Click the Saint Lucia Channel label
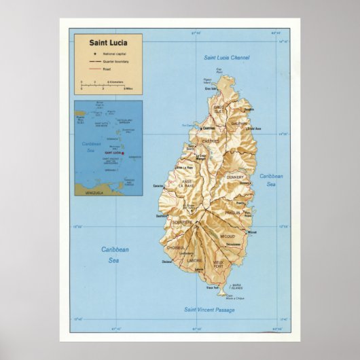pyautogui.click(x=227, y=58)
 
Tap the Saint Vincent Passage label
pyautogui.click(x=209, y=309)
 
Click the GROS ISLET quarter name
pyautogui.click(x=219, y=109)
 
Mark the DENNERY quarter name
pyautogui.click(x=235, y=177)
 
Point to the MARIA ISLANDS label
pyautogui.click(x=236, y=286)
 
